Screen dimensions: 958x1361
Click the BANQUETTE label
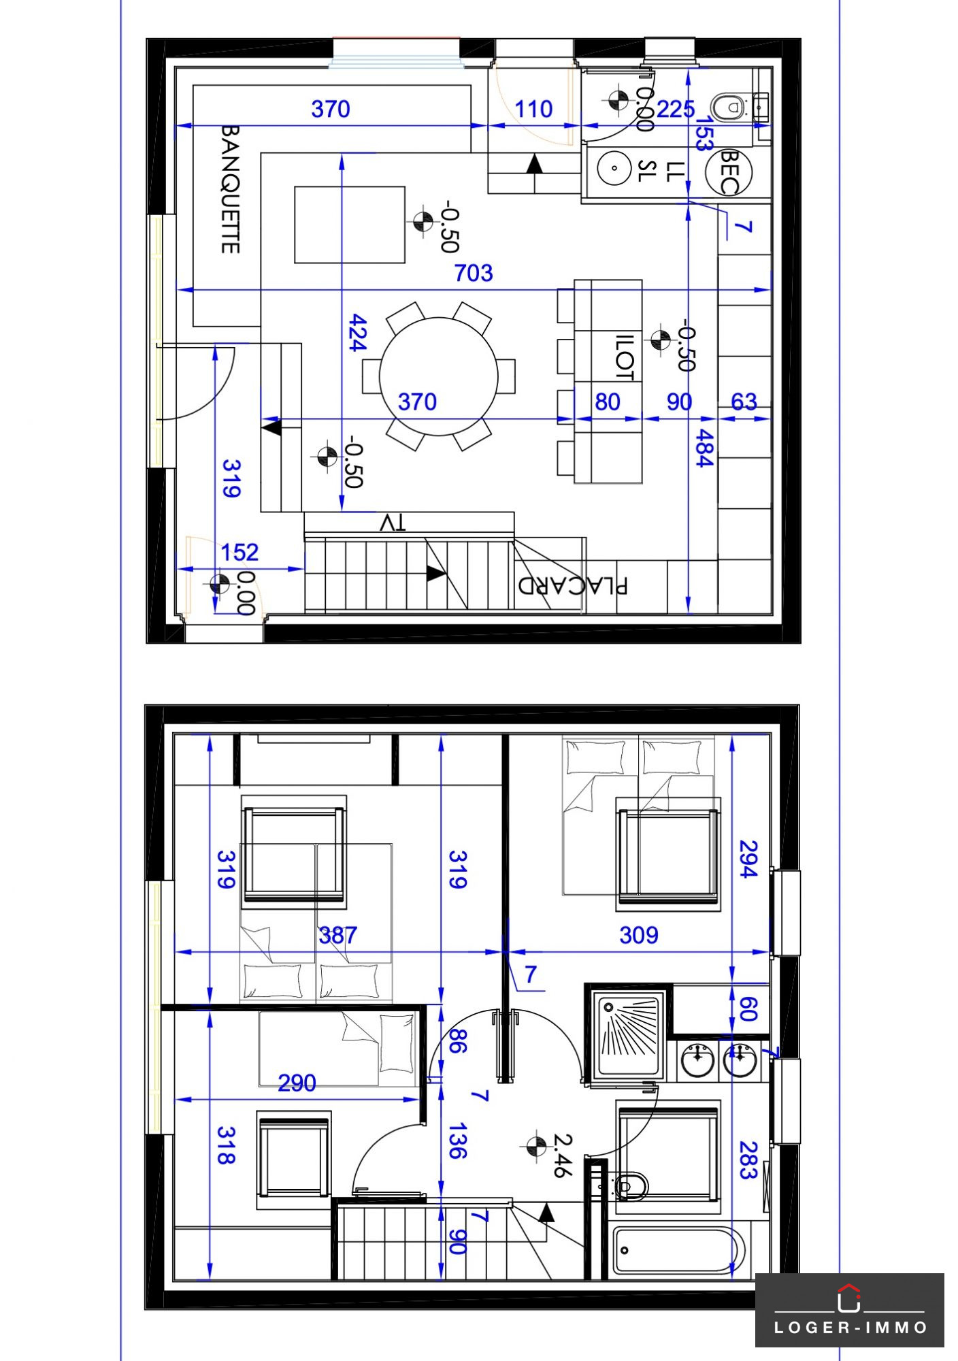(231, 189)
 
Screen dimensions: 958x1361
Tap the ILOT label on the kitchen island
(625, 357)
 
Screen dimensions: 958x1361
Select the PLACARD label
(573, 585)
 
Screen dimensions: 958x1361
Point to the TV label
(393, 523)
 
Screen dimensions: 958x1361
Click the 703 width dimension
(474, 274)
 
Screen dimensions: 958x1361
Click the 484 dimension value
(704, 448)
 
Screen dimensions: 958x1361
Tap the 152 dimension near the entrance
(239, 552)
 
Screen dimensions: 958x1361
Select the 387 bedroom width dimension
(337, 935)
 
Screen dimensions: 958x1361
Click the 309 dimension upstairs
(639, 935)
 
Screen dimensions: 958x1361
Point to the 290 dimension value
(297, 1083)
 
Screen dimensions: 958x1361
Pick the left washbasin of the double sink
(697, 1060)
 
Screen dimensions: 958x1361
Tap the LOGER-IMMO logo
(850, 1310)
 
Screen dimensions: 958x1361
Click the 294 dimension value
(748, 859)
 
